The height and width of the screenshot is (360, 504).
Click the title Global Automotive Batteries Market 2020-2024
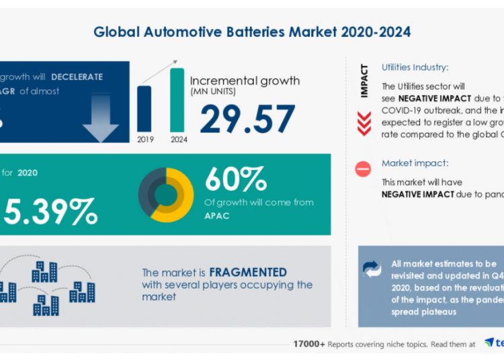coord(252,32)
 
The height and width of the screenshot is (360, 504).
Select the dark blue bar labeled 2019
coord(144,108)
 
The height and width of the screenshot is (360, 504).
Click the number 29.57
coord(247,120)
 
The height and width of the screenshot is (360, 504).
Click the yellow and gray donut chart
coord(166,195)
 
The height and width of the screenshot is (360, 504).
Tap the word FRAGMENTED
coord(248,273)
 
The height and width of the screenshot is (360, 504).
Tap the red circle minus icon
coord(363,169)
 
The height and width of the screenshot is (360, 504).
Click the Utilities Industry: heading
coord(415,68)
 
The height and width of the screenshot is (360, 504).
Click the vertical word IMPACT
coord(364,81)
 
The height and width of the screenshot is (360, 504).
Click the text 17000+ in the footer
coord(308,343)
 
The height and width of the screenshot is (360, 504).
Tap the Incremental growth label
coord(245,81)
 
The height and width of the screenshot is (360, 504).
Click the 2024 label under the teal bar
coord(179,140)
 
